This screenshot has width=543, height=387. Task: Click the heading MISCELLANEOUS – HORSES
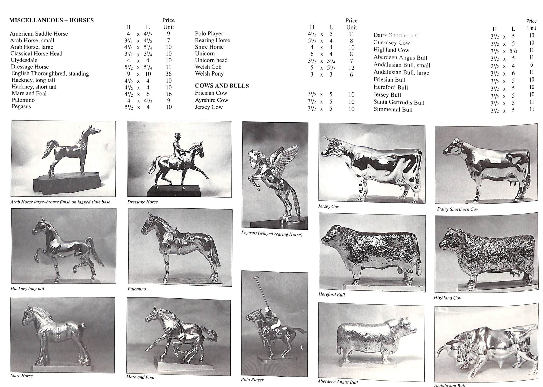coord(51,20)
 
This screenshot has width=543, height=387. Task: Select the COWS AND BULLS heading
coord(222,86)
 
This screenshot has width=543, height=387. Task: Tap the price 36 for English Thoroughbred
coord(168,74)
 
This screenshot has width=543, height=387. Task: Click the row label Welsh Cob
coord(208,67)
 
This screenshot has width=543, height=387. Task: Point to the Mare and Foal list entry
coord(29,93)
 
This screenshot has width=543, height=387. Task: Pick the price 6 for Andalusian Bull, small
coord(531,65)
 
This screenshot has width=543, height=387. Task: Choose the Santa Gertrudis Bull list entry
coord(399,102)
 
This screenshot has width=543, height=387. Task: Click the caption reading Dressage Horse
coord(142,202)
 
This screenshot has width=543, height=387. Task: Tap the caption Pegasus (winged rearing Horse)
coord(271,234)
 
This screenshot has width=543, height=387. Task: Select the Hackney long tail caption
coord(27,289)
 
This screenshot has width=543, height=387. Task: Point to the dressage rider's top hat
coord(177,135)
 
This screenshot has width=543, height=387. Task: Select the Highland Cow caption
coord(448,298)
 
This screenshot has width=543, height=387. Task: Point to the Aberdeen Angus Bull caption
coord(338,382)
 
